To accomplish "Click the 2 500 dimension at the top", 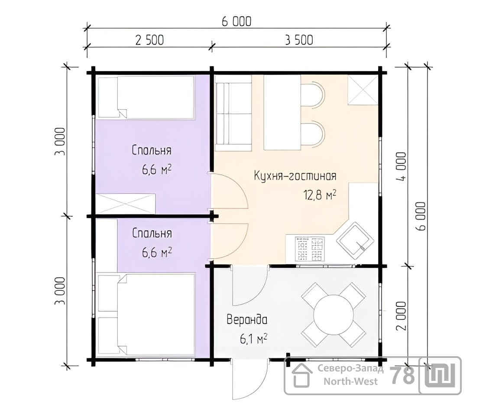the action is pos(149,40).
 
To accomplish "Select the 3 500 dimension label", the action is pos(299,40).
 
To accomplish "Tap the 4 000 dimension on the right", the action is pos(401,166).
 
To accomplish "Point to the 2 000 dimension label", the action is pos(401,316).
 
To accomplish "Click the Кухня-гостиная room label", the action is pos(295,176).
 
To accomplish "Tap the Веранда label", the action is pos(247,319).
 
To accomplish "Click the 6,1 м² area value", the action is pos(253,339).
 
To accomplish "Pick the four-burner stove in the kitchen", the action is pos(310,249).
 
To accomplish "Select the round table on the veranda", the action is pos(334,315).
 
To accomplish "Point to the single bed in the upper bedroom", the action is pos(146,97).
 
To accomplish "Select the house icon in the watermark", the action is pos(301,375).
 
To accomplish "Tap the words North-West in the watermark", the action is pos(350,381).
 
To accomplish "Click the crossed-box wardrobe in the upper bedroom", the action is pos(125,204).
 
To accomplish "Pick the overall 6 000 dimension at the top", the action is pos(237,21).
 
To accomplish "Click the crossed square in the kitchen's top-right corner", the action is pos(363,90).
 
